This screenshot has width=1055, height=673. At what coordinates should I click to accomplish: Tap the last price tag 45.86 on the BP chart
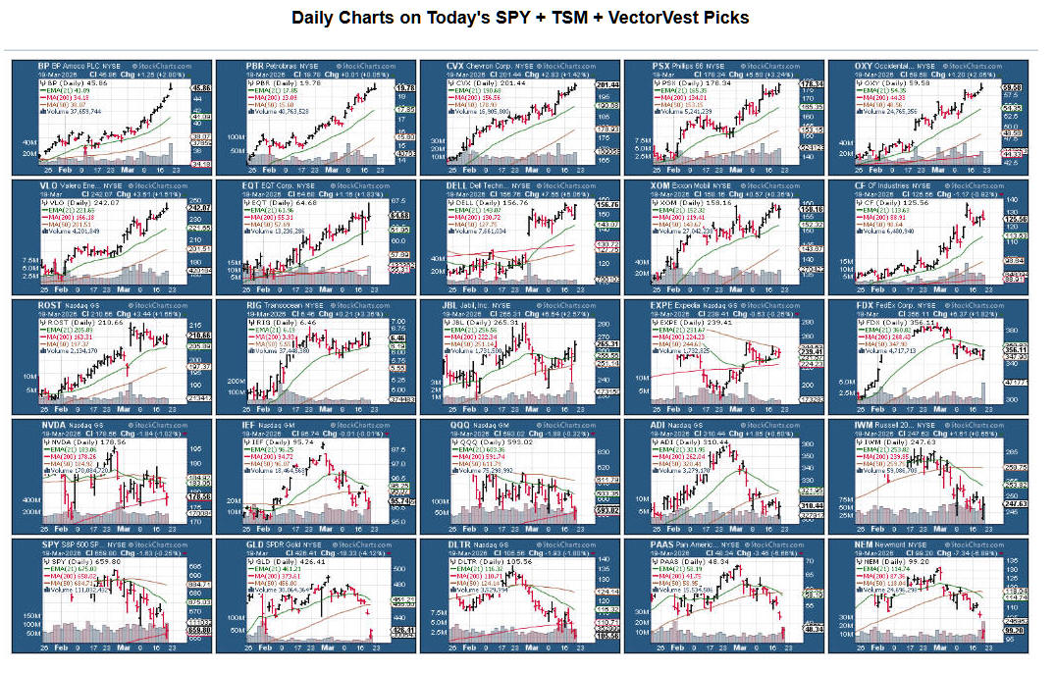click(x=200, y=88)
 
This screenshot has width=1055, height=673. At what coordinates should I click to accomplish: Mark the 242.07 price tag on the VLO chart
click(x=200, y=208)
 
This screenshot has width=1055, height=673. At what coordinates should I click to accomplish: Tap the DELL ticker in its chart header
click(x=459, y=184)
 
